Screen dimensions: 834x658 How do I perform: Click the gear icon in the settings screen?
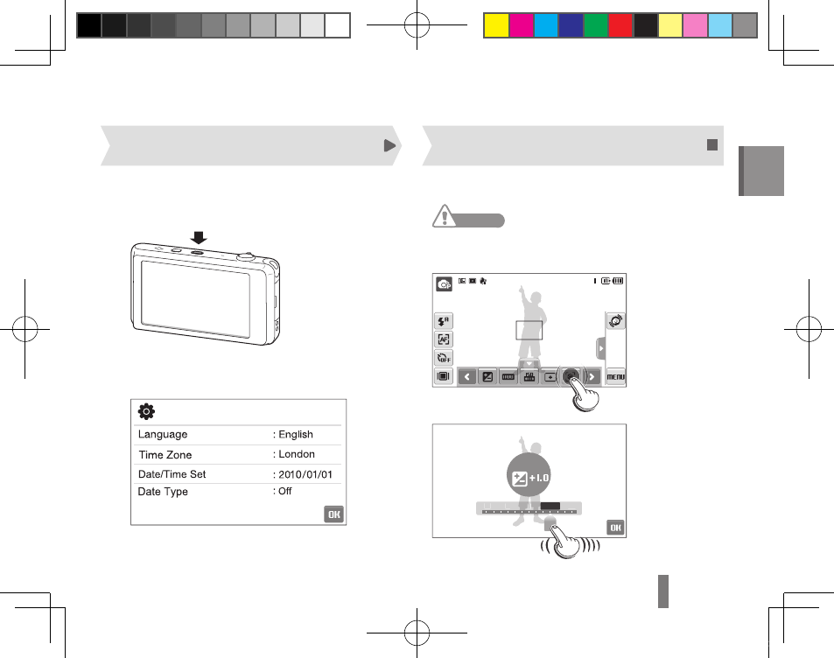coord(146,411)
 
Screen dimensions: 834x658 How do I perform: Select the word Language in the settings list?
coord(163,435)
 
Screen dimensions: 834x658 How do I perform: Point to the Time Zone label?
coord(165,455)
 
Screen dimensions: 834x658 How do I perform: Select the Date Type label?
coord(163,492)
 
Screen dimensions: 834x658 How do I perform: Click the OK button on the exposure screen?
coord(615,528)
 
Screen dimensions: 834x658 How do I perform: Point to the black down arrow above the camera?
coord(199,237)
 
